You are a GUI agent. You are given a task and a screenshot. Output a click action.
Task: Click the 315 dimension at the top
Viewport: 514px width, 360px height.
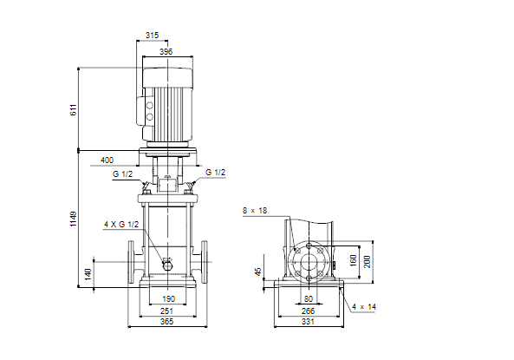152,35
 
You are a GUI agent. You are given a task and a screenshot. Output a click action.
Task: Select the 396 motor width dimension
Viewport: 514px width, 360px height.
166,51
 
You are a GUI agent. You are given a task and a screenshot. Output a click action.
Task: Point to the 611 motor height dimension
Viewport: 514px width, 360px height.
74,109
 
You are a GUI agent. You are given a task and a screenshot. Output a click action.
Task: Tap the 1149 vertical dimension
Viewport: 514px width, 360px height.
73,219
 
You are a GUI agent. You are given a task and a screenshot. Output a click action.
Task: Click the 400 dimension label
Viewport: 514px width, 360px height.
107,160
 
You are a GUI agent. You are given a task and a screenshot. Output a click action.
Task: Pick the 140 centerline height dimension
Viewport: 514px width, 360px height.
88,274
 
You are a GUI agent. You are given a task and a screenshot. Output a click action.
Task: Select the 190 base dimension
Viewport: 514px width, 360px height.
169,299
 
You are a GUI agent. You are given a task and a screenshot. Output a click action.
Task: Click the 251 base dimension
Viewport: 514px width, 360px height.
166,311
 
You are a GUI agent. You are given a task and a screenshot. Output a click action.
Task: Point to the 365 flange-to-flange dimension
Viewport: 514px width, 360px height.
166,322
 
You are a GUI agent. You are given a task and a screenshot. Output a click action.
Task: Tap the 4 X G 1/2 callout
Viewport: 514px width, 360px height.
121,225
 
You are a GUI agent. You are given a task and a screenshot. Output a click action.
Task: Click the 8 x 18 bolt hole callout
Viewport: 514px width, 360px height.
255,211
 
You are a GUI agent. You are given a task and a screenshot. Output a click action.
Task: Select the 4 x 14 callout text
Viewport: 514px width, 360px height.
364,307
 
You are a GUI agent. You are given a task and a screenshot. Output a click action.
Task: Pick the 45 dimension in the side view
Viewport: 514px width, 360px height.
258,272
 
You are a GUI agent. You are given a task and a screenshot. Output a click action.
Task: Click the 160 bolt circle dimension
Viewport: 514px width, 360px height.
353,260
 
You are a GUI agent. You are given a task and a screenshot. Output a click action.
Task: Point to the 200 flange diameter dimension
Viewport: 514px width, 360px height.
368,262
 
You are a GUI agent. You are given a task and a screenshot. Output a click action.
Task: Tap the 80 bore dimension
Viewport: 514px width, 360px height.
309,299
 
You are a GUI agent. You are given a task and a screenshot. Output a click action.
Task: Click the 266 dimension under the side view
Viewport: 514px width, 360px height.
308,311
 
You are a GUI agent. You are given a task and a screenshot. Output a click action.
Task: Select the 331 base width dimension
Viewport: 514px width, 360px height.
308,322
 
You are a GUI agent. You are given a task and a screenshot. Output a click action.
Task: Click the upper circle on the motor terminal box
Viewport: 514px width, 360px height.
150,105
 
